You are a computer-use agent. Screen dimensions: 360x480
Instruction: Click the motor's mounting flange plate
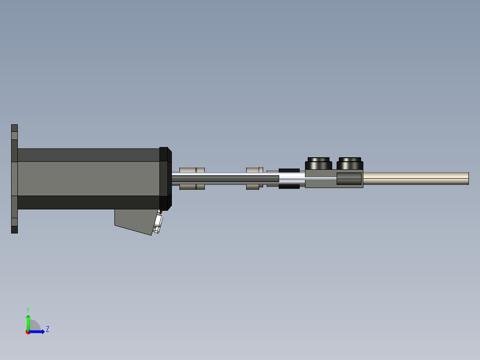point(14,179)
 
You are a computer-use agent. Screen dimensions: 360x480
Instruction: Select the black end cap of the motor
point(164,179)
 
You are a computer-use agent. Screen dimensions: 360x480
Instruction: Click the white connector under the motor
point(158,223)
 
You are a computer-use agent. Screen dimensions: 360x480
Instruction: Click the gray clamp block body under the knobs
point(321,183)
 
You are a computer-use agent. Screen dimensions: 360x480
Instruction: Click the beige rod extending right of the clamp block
point(414,178)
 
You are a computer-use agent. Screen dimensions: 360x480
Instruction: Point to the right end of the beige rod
point(468,178)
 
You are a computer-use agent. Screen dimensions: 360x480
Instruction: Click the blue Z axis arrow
point(38,331)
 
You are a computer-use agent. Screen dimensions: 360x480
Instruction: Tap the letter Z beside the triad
point(48,329)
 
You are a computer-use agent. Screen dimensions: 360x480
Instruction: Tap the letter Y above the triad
point(28,309)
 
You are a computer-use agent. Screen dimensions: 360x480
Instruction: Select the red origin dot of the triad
point(28,332)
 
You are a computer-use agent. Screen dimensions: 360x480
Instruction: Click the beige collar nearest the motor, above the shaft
point(187,170)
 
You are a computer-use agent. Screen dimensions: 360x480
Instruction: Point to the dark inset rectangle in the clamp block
point(349,179)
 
